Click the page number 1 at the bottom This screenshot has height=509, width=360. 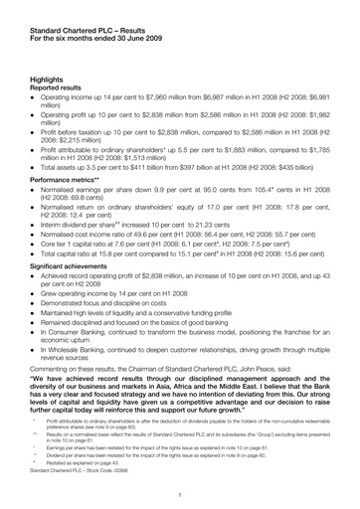(180, 493)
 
